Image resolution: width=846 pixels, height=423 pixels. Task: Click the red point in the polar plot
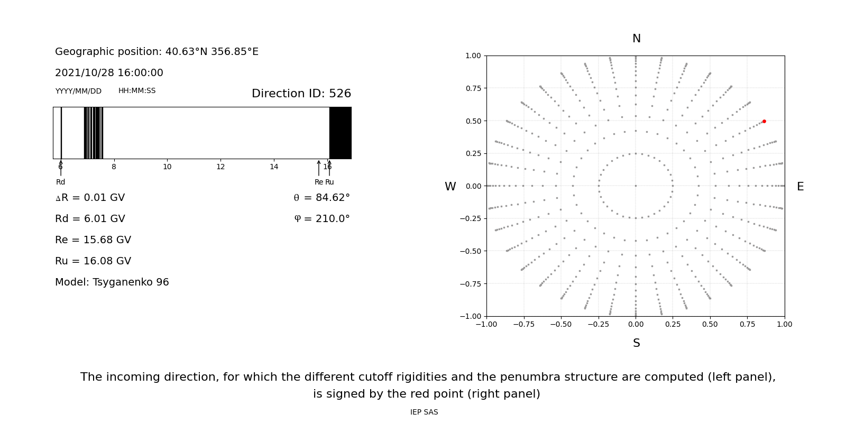[x=764, y=121]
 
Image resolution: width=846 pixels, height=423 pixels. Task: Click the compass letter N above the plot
[x=637, y=39]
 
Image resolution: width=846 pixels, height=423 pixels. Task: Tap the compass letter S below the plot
[x=637, y=343]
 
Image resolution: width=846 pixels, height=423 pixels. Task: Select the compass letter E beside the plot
[x=800, y=187]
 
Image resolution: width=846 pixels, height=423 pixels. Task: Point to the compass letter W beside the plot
[x=450, y=187]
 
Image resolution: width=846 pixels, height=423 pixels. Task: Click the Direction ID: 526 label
[x=301, y=94]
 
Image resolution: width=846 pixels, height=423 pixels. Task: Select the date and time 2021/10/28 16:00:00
[x=109, y=72]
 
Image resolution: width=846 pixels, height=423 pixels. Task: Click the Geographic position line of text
[x=157, y=51]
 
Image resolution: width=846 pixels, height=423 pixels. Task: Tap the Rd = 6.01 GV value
[x=90, y=218]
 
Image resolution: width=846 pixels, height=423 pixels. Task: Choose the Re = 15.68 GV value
[x=93, y=240]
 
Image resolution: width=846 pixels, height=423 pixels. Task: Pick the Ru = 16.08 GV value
[x=93, y=261]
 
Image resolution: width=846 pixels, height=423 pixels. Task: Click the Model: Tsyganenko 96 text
[x=112, y=282]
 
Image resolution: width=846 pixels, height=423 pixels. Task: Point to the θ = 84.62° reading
[x=322, y=197]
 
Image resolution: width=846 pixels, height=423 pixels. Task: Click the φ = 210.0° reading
[x=322, y=218]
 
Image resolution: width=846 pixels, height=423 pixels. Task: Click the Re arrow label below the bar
[x=319, y=182]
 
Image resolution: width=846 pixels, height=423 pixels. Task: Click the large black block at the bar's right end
[x=341, y=133]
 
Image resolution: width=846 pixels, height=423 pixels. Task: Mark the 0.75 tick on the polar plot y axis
[x=473, y=88]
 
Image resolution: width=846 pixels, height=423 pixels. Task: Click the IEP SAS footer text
[x=424, y=412]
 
